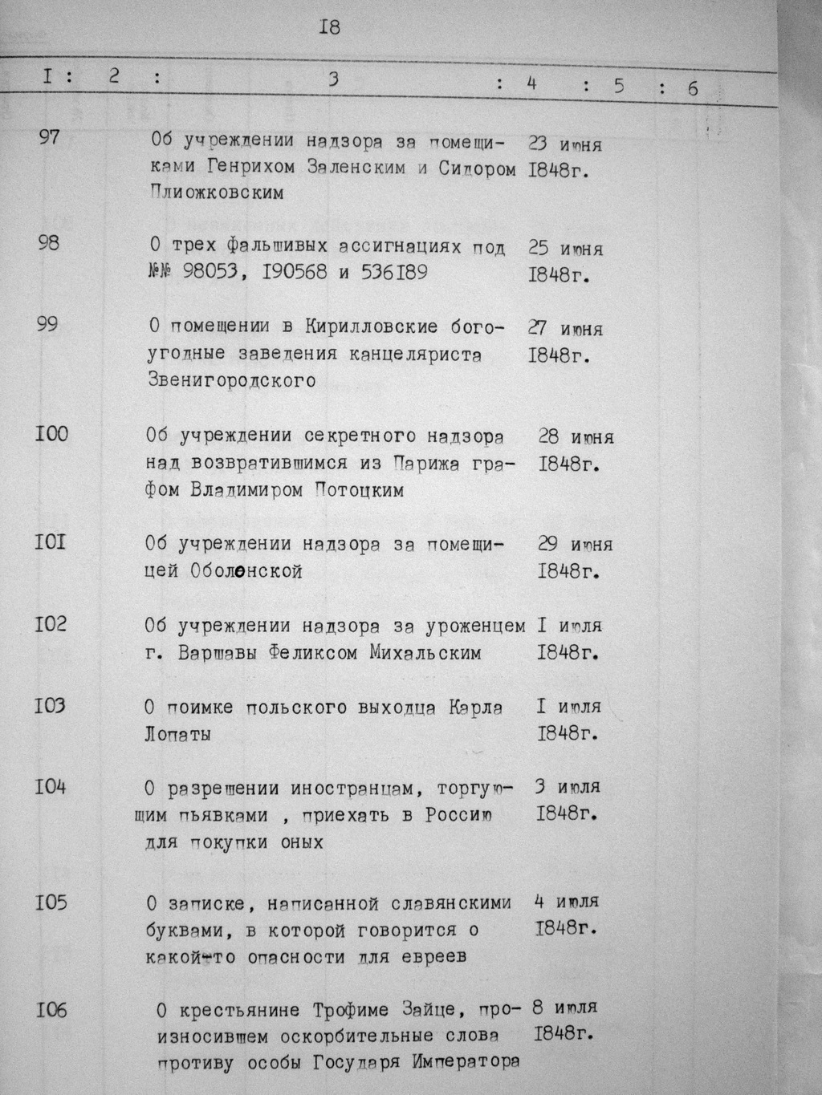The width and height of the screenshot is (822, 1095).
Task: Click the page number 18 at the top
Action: pyautogui.click(x=330, y=27)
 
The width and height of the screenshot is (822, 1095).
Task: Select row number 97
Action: pyautogui.click(x=49, y=137)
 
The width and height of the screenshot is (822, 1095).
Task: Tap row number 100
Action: pyautogui.click(x=51, y=434)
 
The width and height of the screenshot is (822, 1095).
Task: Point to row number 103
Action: pyautogui.click(x=51, y=706)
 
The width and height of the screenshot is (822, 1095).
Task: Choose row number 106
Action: pyautogui.click(x=51, y=1010)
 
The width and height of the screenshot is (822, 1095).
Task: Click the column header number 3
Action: pyautogui.click(x=334, y=79)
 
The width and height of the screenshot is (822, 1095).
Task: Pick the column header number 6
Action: pyautogui.click(x=692, y=87)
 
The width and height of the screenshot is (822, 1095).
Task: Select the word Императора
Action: pyautogui.click(x=466, y=1063)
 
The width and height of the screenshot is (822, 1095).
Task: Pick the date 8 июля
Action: pyautogui.click(x=564, y=1007)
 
